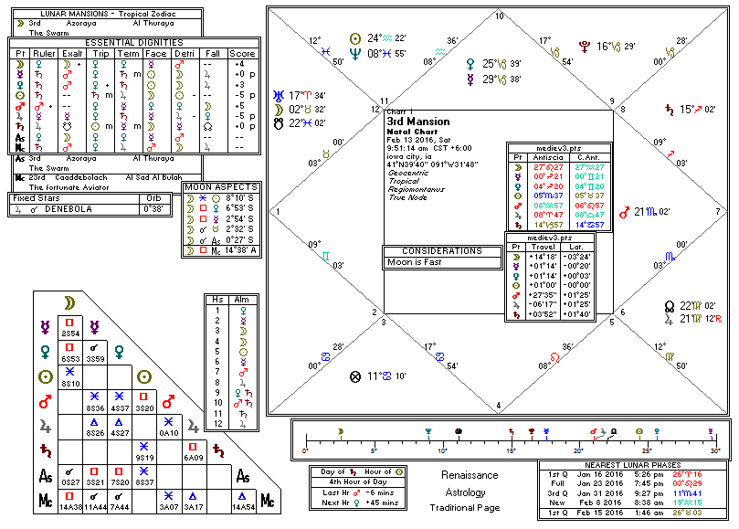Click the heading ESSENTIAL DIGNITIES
click(134, 42)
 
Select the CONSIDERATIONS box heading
click(443, 250)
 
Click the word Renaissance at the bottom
click(469, 475)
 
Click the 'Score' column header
click(243, 53)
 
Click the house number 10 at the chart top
click(499, 16)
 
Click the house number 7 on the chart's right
click(717, 211)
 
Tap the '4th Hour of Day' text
click(359, 481)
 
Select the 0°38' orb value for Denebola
click(159, 208)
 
